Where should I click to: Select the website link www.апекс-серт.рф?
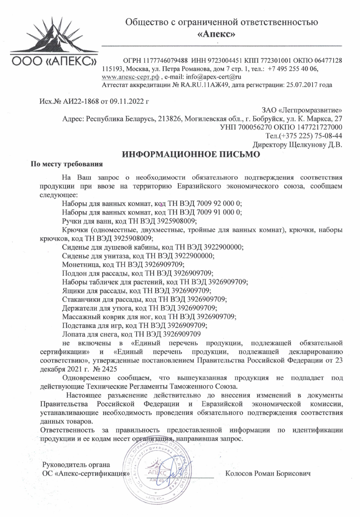pyautogui.click(x=131, y=76)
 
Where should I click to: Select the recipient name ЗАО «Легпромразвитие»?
pyautogui.click(x=302, y=110)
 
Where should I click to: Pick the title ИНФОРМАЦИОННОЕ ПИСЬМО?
pyautogui.click(x=191, y=155)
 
